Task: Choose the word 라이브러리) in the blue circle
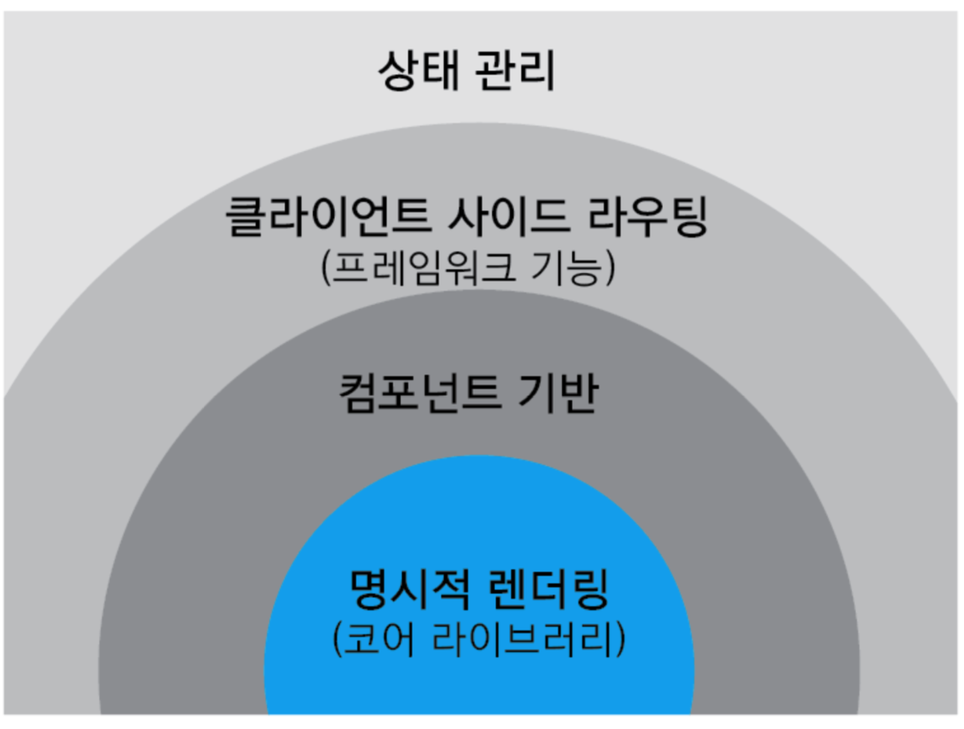point(528,639)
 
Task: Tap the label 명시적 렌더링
point(479,591)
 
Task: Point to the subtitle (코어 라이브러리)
point(479,639)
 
